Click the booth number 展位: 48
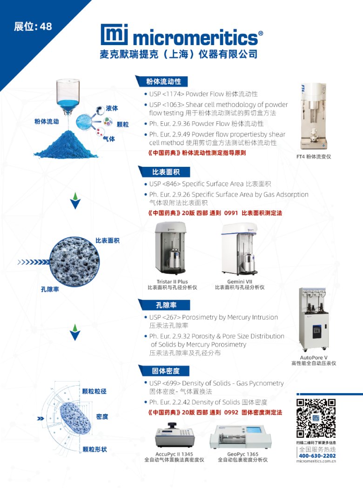pyautogui.click(x=33, y=26)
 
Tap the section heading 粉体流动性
pyautogui.click(x=160, y=81)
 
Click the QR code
pyautogui.click(x=316, y=417)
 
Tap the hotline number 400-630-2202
pyautogui.click(x=316, y=456)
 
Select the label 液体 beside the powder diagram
pyautogui.click(x=112, y=108)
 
